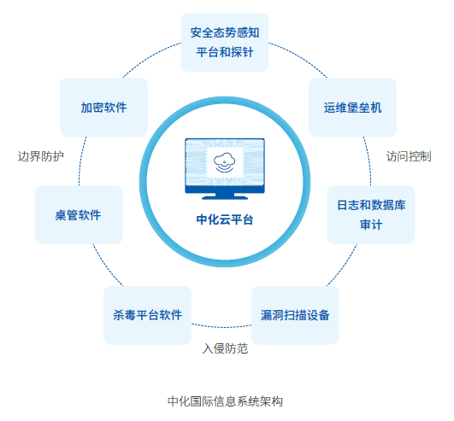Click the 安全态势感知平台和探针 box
click(225, 42)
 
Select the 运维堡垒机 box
click(352, 107)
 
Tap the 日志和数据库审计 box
click(370, 214)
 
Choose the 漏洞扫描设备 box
click(295, 315)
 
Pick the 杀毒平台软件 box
click(147, 315)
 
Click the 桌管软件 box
click(79, 214)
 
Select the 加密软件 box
click(103, 107)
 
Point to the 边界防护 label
click(41, 156)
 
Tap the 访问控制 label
click(409, 156)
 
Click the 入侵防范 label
click(225, 348)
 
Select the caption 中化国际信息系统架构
click(225, 401)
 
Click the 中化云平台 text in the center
click(225, 219)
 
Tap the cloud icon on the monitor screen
click(224, 162)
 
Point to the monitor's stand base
click(225, 198)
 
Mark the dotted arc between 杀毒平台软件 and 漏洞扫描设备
click(221, 327)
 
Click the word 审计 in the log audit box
click(371, 225)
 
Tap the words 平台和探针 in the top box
click(225, 52)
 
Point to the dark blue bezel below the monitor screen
click(225, 189)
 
